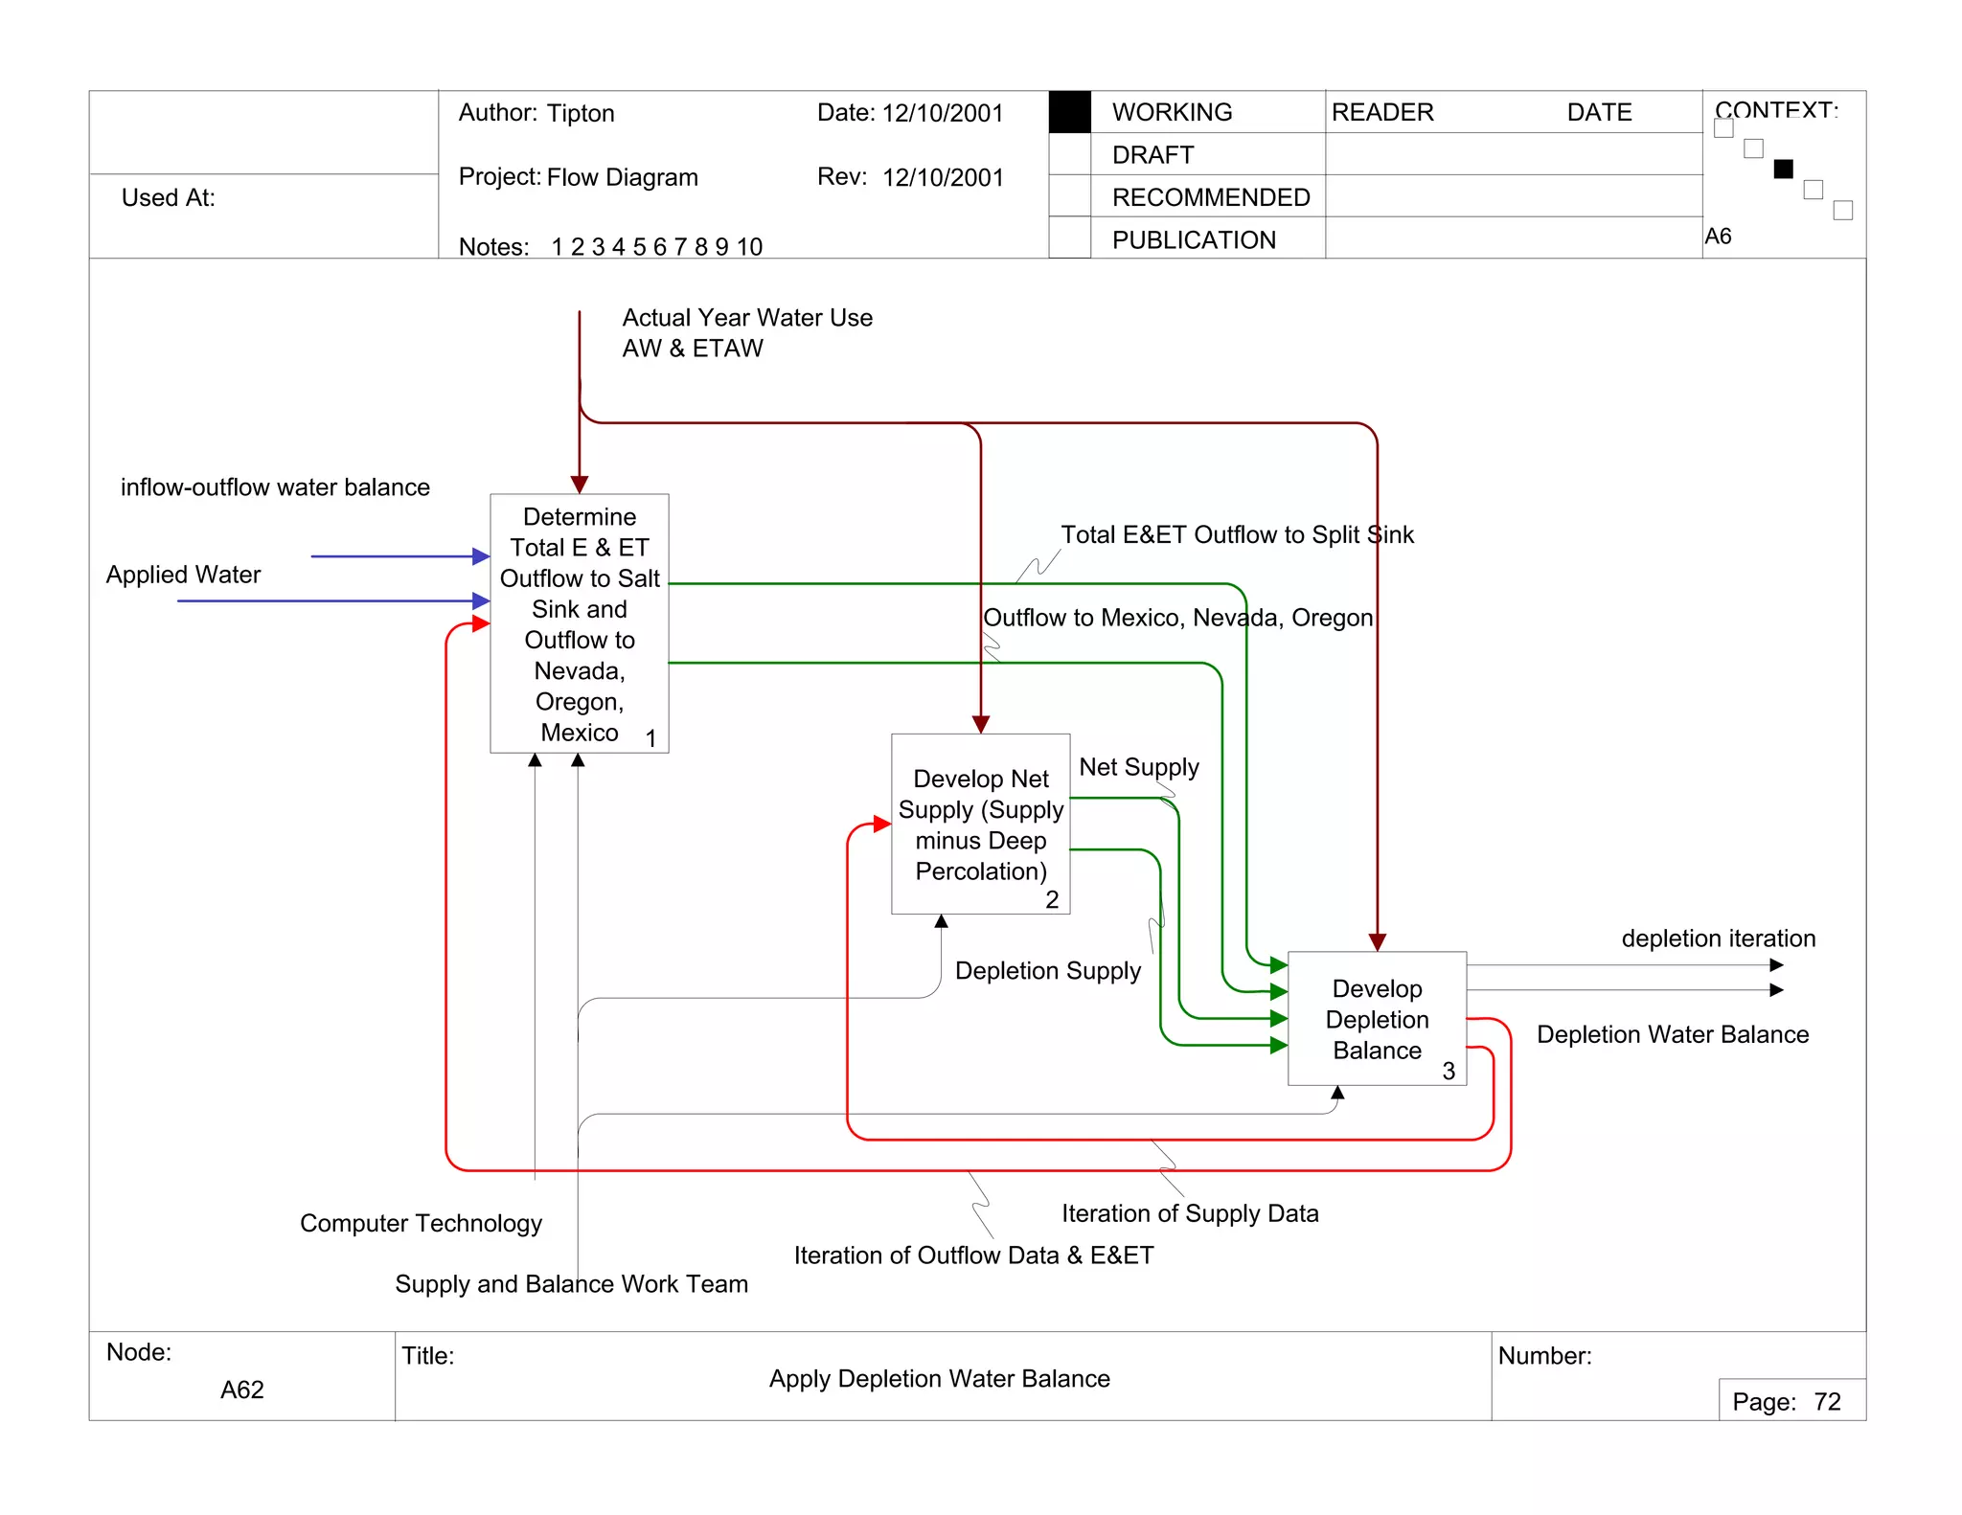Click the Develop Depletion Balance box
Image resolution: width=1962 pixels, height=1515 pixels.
tap(1377, 1018)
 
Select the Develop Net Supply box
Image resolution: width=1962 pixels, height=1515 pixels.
tap(980, 824)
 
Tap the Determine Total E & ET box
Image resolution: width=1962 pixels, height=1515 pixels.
tap(579, 623)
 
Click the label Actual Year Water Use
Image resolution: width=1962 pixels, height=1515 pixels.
tap(746, 318)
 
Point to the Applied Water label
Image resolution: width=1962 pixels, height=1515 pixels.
tap(183, 575)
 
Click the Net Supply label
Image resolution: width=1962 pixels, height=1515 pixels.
tap(1138, 767)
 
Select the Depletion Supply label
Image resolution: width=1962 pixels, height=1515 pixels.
tap(1047, 971)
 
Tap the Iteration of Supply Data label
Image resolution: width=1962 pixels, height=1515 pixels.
tap(1190, 1213)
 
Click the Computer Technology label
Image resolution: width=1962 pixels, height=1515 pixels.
tap(421, 1223)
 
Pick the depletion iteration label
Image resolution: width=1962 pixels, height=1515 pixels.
tap(1718, 938)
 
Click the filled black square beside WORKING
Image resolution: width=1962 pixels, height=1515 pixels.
tap(1069, 112)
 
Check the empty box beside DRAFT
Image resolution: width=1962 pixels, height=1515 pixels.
tap(1069, 154)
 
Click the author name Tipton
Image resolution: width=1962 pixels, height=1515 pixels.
tap(581, 113)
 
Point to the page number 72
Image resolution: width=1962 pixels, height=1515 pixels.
tap(1827, 1402)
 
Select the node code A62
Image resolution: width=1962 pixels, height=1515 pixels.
tap(241, 1390)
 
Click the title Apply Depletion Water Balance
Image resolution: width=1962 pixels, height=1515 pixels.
tap(939, 1379)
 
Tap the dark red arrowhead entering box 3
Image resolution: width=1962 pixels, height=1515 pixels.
tap(1377, 942)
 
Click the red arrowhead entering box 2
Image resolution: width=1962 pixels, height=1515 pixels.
tap(882, 824)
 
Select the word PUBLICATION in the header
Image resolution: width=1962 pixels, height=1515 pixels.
tap(1194, 240)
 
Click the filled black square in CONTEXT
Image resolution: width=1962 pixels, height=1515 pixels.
tap(1783, 170)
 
